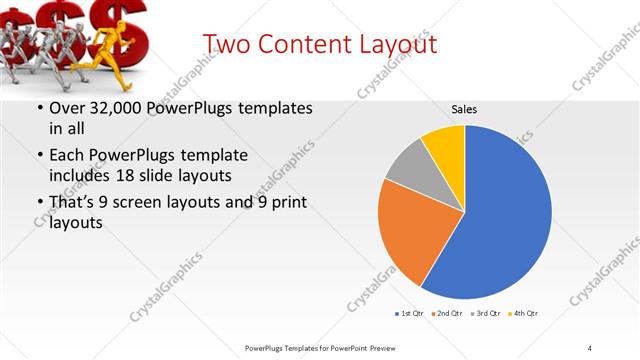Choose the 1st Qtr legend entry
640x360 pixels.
pyautogui.click(x=410, y=313)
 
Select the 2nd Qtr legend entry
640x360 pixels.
pyautogui.click(x=446, y=313)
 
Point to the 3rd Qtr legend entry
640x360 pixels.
pyautogui.click(x=485, y=313)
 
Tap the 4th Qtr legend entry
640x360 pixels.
pyautogui.click(x=523, y=313)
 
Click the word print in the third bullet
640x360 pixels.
pyautogui.click(x=285, y=204)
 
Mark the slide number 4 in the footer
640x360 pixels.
pyautogui.click(x=590, y=347)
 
